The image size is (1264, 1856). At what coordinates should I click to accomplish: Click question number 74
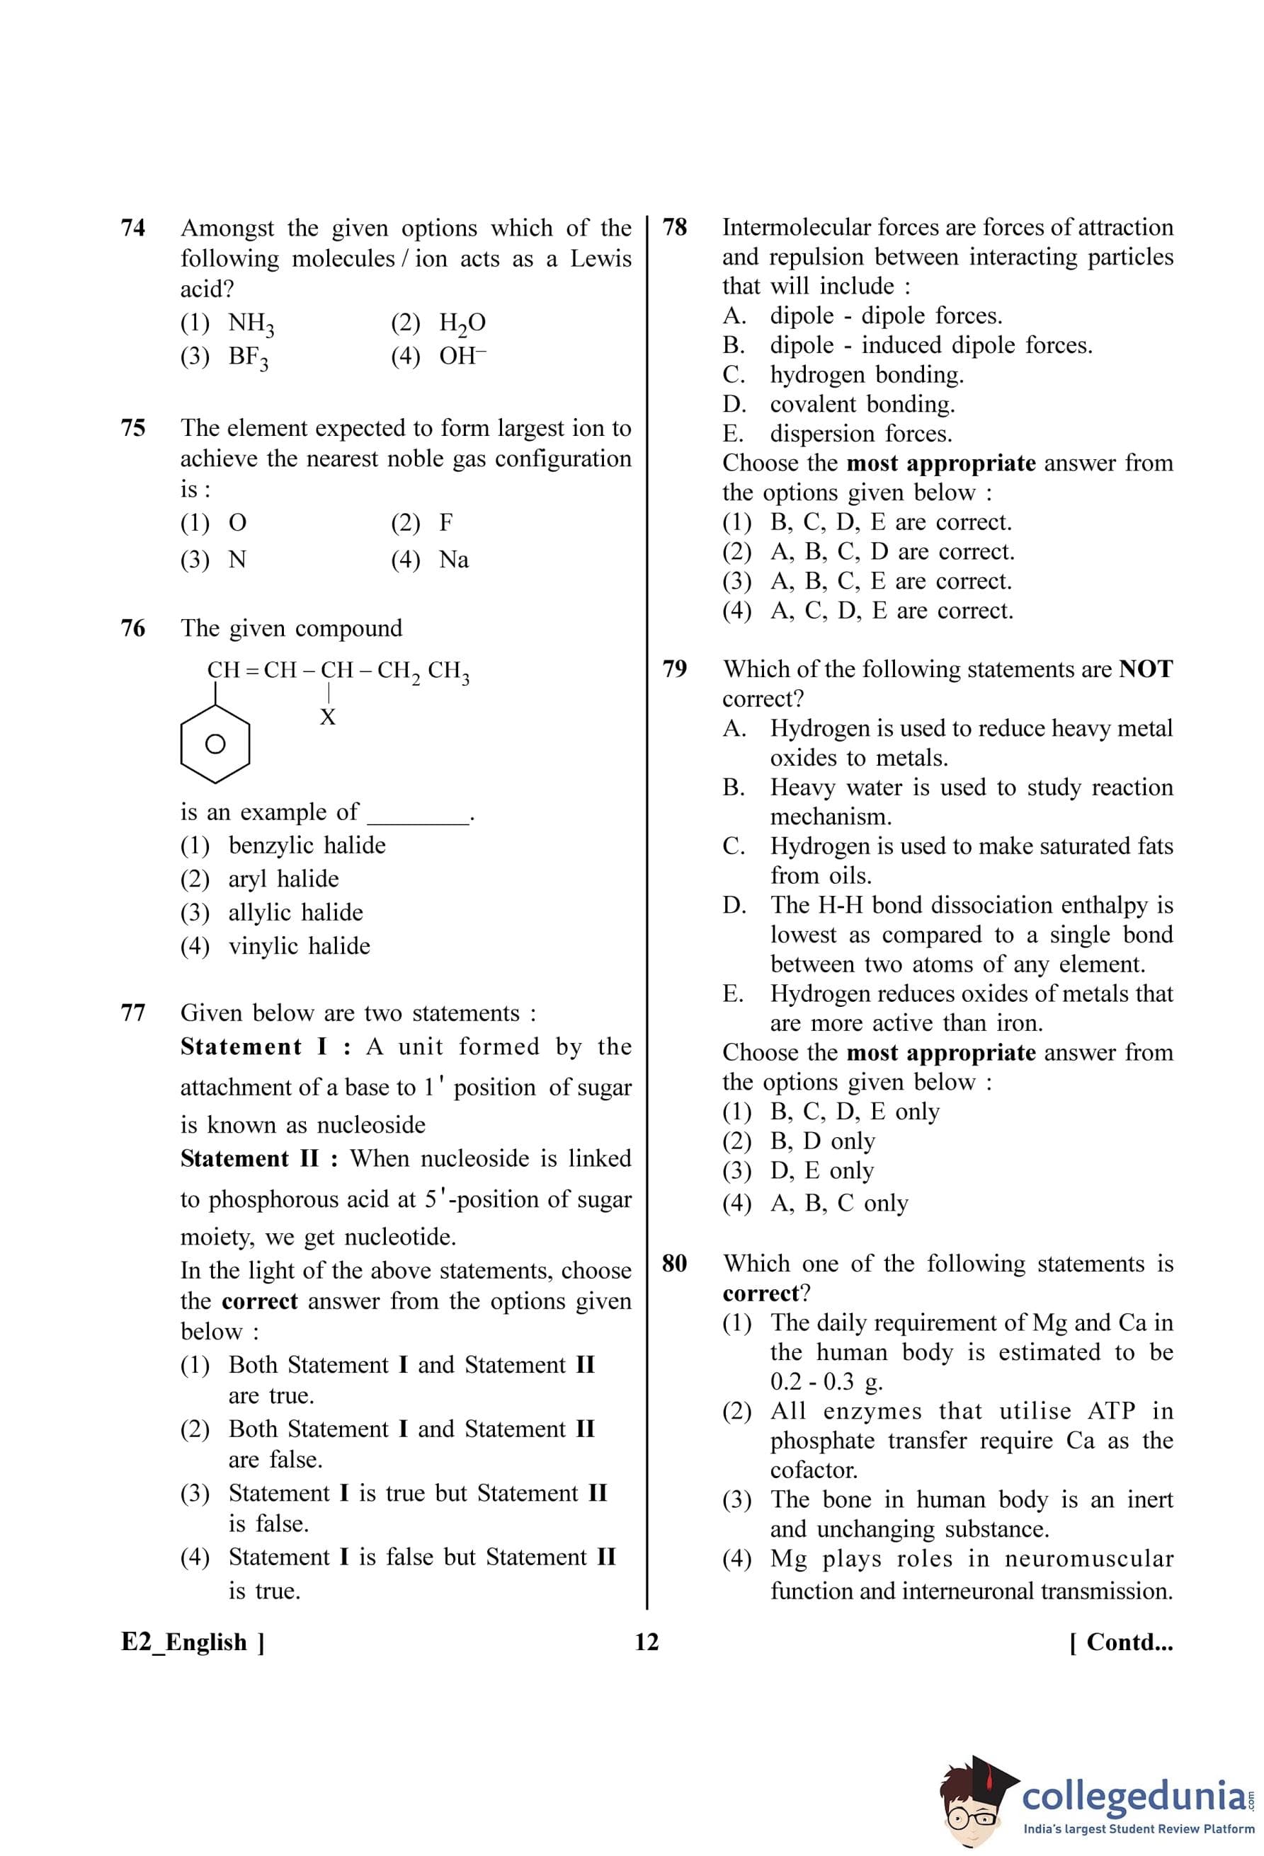click(132, 229)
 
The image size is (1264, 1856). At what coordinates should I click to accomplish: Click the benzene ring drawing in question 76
click(215, 744)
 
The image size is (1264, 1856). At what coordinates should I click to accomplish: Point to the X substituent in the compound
click(328, 718)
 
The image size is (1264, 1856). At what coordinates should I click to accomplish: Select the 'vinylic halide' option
click(276, 945)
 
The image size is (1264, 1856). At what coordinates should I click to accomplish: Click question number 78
click(674, 228)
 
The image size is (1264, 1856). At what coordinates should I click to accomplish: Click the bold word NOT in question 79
click(1146, 669)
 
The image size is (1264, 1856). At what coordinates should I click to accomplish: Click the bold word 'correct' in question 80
click(761, 1293)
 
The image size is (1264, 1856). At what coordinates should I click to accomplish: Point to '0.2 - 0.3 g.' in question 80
click(826, 1382)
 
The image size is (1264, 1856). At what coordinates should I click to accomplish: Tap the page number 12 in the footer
click(647, 1642)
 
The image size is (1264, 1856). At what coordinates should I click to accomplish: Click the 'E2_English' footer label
click(185, 1642)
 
